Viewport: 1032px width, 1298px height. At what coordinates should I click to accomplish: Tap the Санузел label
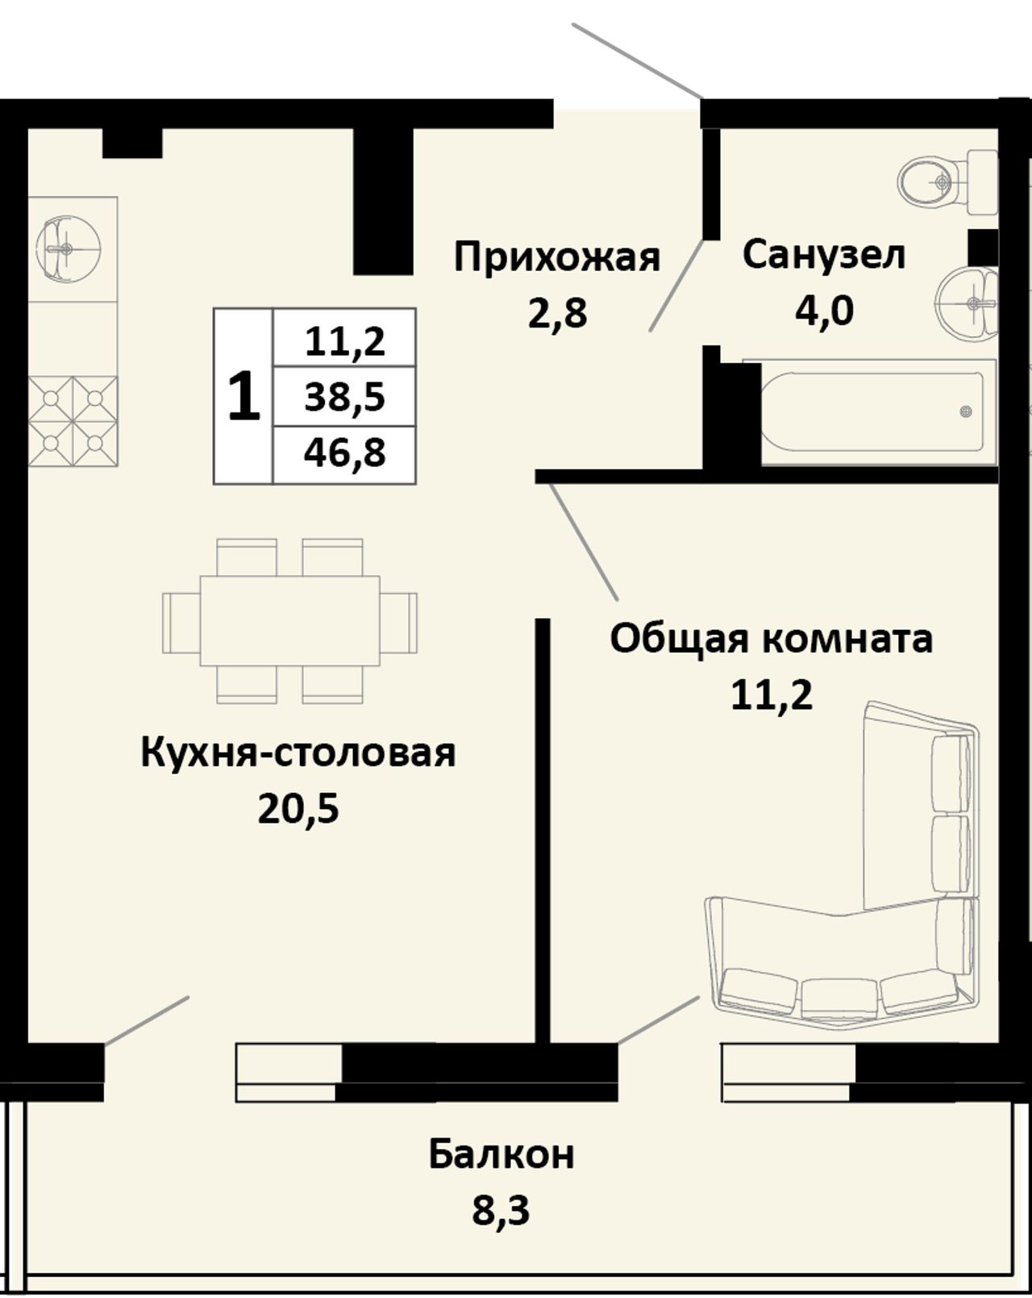[x=823, y=255]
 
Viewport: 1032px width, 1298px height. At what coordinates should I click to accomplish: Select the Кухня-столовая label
[x=298, y=753]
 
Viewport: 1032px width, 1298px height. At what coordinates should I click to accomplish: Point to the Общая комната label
[x=771, y=640]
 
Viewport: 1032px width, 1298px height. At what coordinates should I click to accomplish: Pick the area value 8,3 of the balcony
[x=501, y=1209]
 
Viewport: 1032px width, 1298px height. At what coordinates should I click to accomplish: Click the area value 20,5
[x=298, y=808]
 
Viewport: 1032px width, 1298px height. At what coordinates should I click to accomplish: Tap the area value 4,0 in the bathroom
[x=824, y=311]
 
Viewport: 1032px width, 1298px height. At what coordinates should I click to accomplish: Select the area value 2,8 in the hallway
[x=557, y=314]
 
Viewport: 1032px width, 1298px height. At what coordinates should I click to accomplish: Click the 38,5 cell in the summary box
[x=344, y=397]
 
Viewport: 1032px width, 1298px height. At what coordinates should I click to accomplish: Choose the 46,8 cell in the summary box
[x=344, y=453]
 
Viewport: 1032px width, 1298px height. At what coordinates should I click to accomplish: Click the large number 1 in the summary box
[x=244, y=396]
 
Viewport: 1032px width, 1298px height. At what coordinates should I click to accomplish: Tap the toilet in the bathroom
[x=947, y=181]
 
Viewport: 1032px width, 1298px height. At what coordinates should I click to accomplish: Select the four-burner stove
[x=73, y=421]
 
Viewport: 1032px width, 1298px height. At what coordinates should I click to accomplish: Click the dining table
[x=290, y=620]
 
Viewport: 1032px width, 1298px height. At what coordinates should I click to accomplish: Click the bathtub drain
[x=966, y=412]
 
